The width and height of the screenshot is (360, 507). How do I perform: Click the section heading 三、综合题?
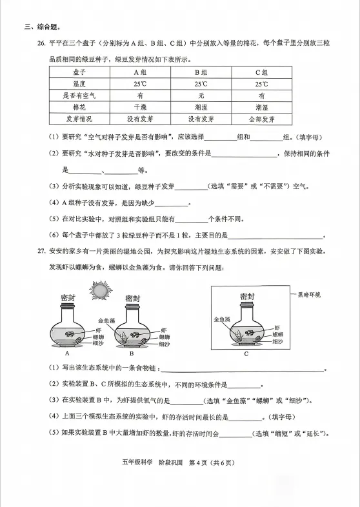(43, 27)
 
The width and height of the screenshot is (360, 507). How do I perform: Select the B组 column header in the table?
(201, 73)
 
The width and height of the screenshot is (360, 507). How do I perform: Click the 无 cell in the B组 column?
(201, 96)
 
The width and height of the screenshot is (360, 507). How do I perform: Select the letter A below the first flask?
(67, 353)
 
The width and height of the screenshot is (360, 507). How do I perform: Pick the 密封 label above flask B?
(132, 298)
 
